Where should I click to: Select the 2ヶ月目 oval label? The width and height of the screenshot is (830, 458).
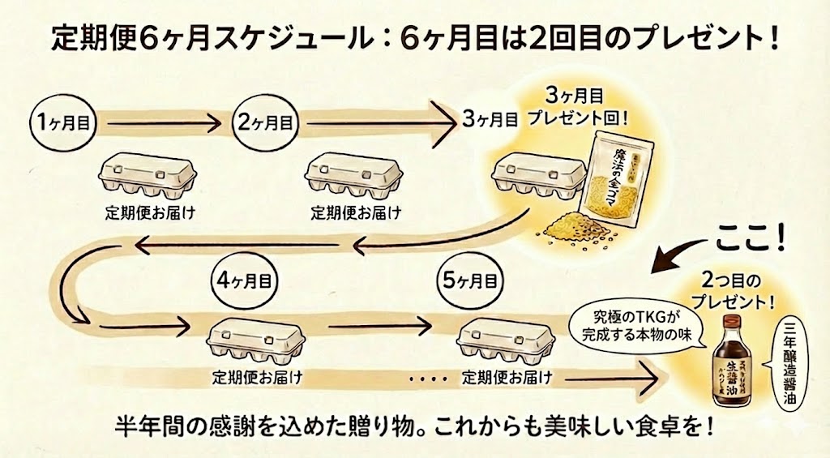[266, 123]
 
